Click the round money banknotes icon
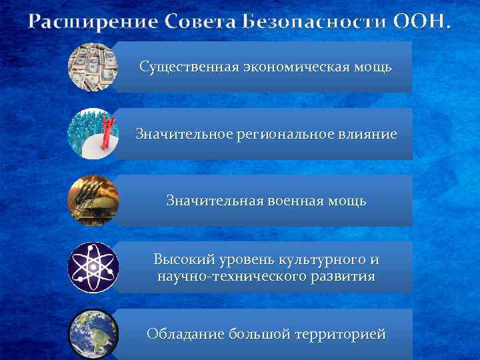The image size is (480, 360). [x=93, y=67]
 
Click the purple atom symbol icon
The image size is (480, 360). [x=93, y=267]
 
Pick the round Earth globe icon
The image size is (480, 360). [x=93, y=333]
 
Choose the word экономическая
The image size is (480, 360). [x=285, y=67]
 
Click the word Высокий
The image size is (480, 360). [x=183, y=259]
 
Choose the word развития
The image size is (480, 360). [x=344, y=275]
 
